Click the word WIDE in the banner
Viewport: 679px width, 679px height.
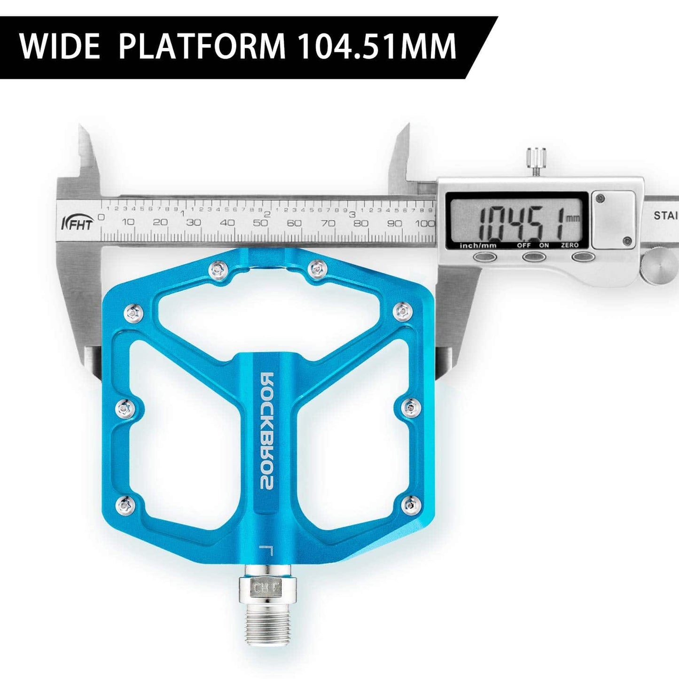60,46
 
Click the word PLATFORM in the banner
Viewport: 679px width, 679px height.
202,46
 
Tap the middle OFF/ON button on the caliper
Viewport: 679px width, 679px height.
533,257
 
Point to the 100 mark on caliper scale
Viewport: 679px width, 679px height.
425,223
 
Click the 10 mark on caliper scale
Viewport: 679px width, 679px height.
128,223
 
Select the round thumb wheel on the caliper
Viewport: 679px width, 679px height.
660,266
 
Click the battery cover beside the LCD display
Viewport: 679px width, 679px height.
613,219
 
